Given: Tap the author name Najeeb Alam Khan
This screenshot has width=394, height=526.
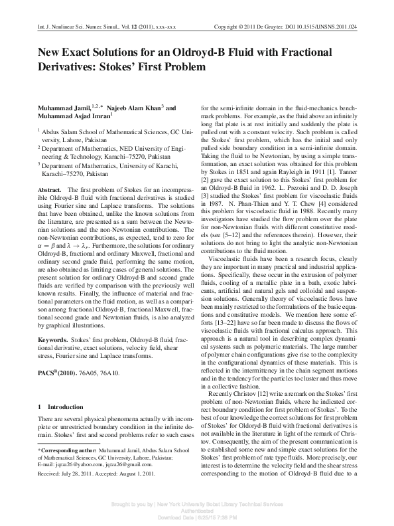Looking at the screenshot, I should [133, 108].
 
